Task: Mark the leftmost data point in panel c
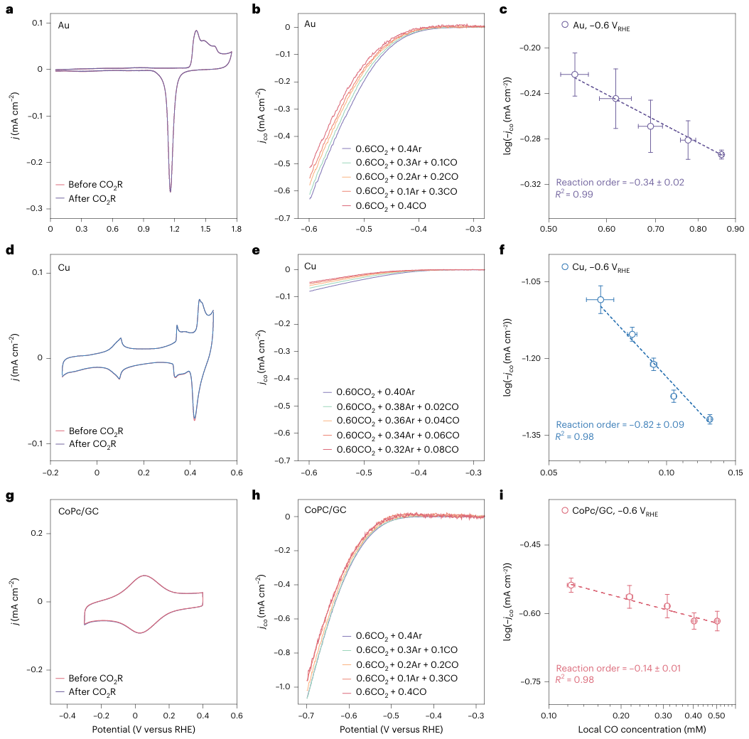(x=574, y=74)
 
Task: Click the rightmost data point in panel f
(x=709, y=419)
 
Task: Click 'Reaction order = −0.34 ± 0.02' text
(x=620, y=183)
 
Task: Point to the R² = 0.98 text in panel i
(x=576, y=680)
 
